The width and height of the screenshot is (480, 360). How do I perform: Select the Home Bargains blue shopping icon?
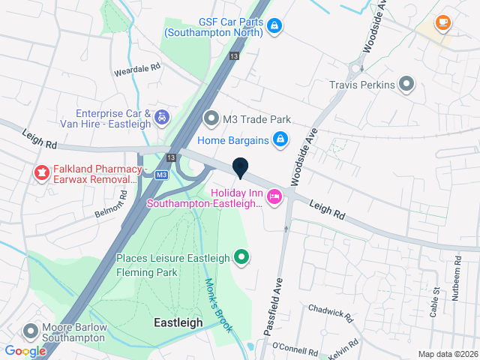click(280, 139)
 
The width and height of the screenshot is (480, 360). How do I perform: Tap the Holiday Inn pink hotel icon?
click(274, 197)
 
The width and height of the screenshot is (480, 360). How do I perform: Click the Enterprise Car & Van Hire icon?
click(161, 117)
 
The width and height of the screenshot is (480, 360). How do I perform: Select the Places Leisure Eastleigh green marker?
click(241, 258)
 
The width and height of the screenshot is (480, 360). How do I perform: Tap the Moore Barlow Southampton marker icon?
click(31, 331)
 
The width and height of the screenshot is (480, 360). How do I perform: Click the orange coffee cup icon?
click(442, 22)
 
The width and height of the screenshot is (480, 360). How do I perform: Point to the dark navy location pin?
click(240, 169)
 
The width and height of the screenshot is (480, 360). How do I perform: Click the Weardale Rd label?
click(136, 67)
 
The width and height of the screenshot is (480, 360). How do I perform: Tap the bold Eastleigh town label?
click(178, 322)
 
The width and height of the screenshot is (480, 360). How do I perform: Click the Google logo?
click(25, 351)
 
